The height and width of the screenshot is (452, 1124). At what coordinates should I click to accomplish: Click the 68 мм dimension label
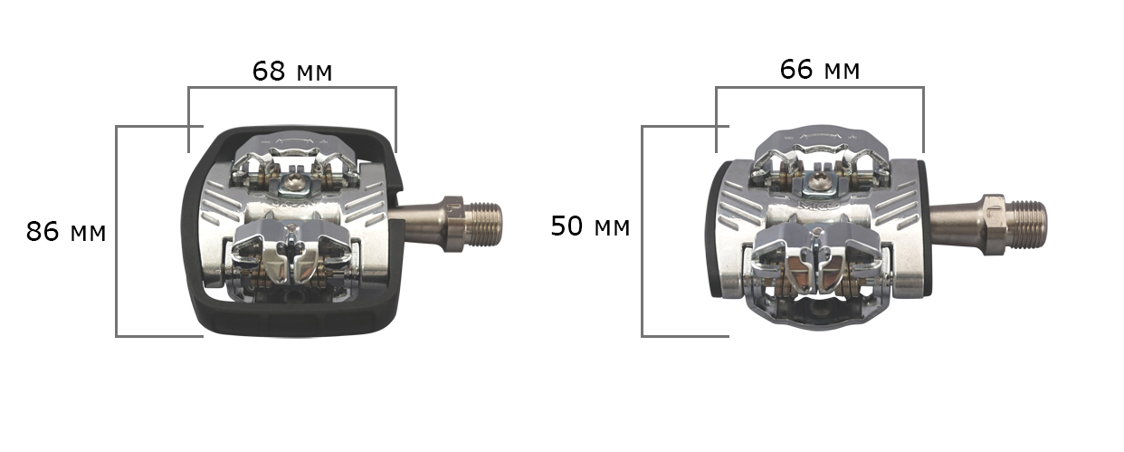tap(291, 72)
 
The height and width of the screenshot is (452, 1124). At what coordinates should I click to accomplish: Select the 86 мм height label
tap(65, 232)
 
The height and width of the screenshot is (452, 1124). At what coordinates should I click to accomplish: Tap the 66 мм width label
tap(819, 69)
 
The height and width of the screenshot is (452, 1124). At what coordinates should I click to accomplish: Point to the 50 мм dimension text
tap(590, 226)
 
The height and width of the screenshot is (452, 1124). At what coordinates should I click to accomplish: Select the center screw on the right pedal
tap(817, 186)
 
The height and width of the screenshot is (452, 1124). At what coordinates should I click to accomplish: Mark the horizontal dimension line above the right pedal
tap(819, 88)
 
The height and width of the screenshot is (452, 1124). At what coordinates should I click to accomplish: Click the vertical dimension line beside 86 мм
tap(118, 231)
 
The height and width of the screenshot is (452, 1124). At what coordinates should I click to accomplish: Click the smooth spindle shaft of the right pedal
tap(956, 223)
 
